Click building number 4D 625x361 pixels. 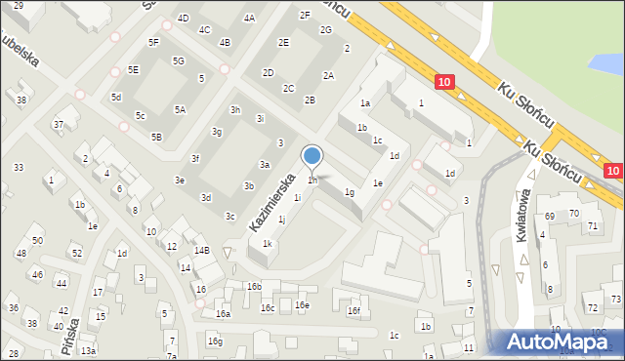(x=183, y=19)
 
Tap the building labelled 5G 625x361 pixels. (x=179, y=60)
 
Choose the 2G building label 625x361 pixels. (x=325, y=29)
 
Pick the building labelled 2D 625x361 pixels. (x=269, y=72)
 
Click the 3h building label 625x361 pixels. (x=235, y=109)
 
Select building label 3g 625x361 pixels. (x=218, y=132)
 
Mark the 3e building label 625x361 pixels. (x=180, y=180)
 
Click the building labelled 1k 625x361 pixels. (x=267, y=244)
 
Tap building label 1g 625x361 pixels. (x=349, y=192)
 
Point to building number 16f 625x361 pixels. (x=354, y=311)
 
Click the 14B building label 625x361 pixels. (x=201, y=251)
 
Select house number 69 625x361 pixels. (x=550, y=215)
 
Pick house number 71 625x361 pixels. (x=593, y=225)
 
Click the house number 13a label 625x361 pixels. (x=89, y=350)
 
